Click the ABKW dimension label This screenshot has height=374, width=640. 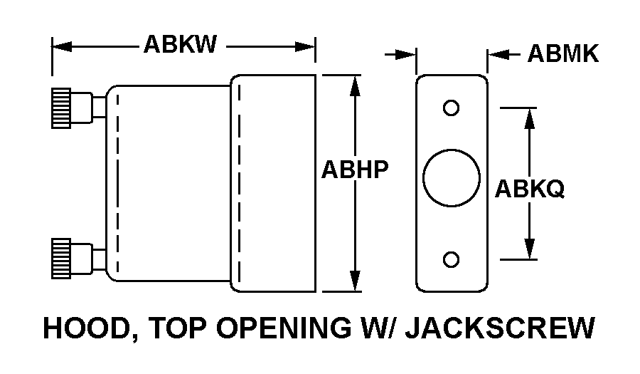click(180, 45)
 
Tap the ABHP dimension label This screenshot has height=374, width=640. click(355, 171)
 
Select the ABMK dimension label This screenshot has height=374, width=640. click(563, 54)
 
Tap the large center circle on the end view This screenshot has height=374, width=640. click(451, 177)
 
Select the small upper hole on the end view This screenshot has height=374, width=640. click(451, 108)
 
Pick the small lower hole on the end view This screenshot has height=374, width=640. click(451, 259)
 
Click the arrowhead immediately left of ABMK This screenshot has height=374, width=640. click(498, 54)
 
